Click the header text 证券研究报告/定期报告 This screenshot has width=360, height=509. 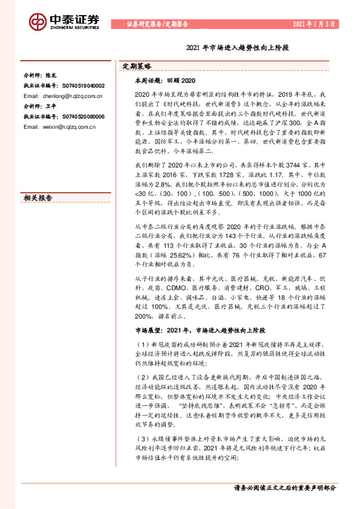pyautogui.click(x=159, y=25)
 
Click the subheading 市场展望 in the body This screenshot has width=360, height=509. pyautogui.click(x=149, y=331)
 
